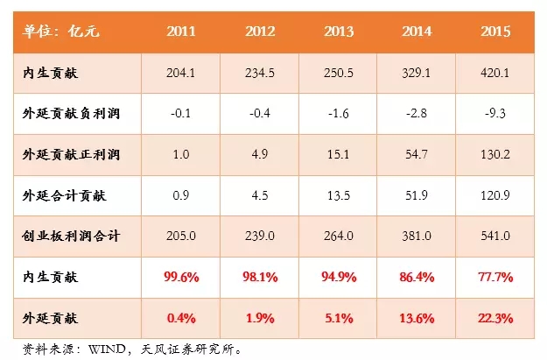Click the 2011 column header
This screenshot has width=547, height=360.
point(181,32)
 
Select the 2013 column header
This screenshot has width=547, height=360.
point(339,32)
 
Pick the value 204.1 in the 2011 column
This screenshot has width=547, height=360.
point(181,74)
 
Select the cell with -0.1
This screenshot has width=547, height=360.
point(181,114)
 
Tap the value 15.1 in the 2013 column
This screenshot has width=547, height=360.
point(339,155)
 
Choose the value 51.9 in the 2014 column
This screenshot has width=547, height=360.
point(417,196)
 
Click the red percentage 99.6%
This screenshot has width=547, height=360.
point(181,277)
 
